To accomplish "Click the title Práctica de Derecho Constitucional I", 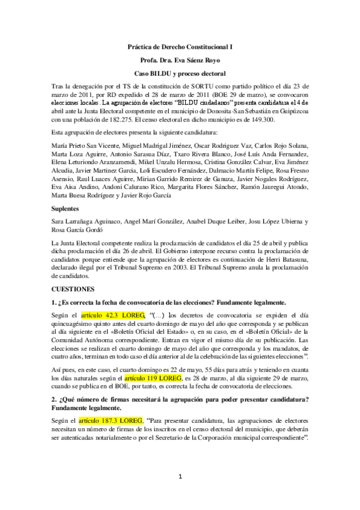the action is pyautogui.click(x=180, y=46).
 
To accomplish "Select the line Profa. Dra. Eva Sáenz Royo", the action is pyautogui.click(x=180, y=60).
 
